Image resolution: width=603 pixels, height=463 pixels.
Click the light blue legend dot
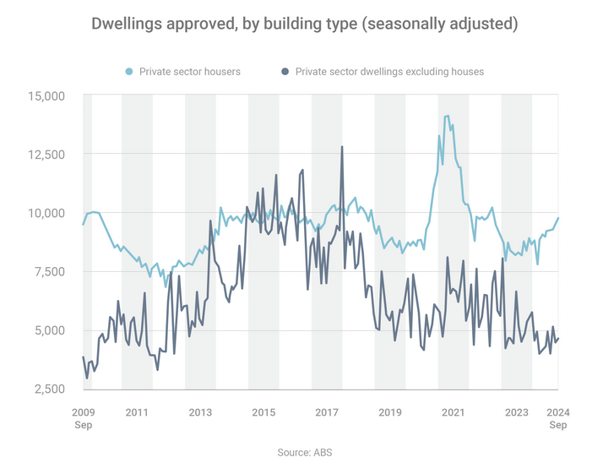(x=128, y=72)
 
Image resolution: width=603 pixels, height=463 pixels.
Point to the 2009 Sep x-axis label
(x=83, y=419)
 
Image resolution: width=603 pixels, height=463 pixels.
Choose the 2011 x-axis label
(x=137, y=412)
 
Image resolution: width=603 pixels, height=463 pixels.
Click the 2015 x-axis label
(x=263, y=412)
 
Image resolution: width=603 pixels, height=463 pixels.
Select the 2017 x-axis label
(x=327, y=412)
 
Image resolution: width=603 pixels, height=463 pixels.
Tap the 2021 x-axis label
(x=453, y=412)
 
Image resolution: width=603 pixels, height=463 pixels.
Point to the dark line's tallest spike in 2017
(x=342, y=147)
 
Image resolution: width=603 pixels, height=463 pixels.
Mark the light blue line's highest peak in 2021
(x=446, y=116)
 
